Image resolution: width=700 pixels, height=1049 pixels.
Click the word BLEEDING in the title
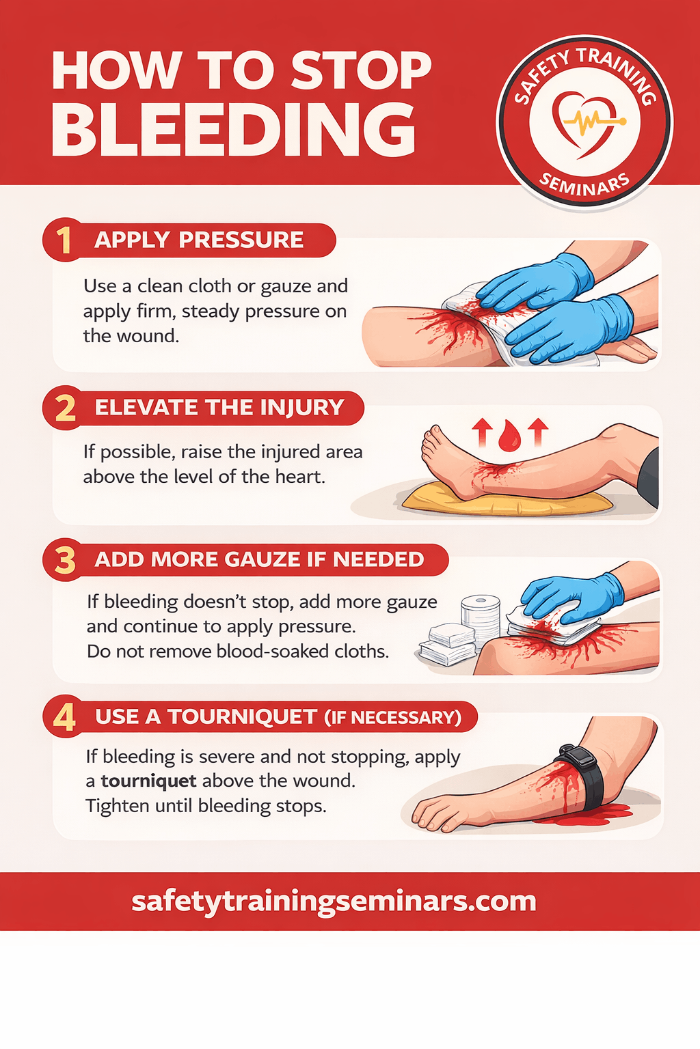pyautogui.click(x=234, y=130)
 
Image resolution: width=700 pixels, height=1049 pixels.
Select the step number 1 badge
pyautogui.click(x=64, y=240)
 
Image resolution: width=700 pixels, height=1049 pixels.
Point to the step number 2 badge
pyautogui.click(x=65, y=408)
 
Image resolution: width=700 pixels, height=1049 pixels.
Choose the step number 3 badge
pyautogui.click(x=65, y=560)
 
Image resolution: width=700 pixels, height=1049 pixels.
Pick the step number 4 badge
pyautogui.click(x=64, y=717)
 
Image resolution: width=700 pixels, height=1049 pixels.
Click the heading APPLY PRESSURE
pyautogui.click(x=199, y=240)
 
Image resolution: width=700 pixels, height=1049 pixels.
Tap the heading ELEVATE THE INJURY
pyautogui.click(x=219, y=408)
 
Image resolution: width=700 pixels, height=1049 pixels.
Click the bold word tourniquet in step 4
pyautogui.click(x=148, y=781)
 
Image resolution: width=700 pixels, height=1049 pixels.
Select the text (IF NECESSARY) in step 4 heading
pyautogui.click(x=392, y=718)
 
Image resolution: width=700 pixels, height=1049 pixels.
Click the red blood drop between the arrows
pyautogui.click(x=509, y=436)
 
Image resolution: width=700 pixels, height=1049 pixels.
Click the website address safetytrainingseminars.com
pyautogui.click(x=334, y=901)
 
